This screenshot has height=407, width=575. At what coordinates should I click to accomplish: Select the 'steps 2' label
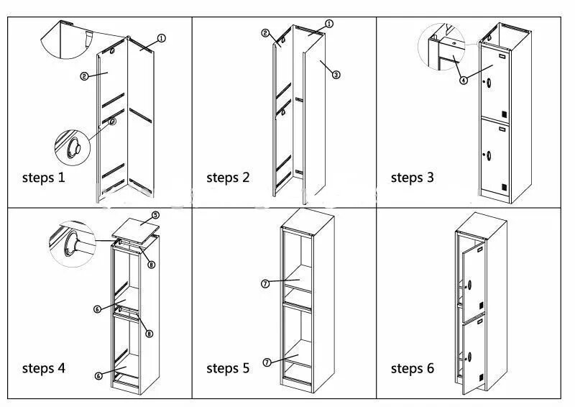(x=228, y=177)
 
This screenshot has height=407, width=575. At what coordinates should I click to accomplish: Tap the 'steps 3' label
(x=412, y=177)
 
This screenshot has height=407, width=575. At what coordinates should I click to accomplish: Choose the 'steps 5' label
(x=228, y=368)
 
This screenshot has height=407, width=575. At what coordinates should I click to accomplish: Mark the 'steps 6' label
(x=412, y=368)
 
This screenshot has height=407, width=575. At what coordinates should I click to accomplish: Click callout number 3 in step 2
(x=336, y=74)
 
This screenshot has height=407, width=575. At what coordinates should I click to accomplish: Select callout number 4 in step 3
(x=464, y=81)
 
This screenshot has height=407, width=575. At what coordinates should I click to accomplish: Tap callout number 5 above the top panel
(x=155, y=215)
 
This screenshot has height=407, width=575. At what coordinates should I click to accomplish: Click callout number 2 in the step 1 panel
(x=84, y=76)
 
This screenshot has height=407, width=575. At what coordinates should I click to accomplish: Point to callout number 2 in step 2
(x=265, y=33)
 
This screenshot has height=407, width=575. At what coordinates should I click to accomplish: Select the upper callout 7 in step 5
(x=264, y=284)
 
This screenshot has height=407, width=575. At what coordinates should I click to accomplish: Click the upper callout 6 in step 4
(x=97, y=309)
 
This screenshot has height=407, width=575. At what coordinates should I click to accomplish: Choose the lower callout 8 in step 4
(x=149, y=333)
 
